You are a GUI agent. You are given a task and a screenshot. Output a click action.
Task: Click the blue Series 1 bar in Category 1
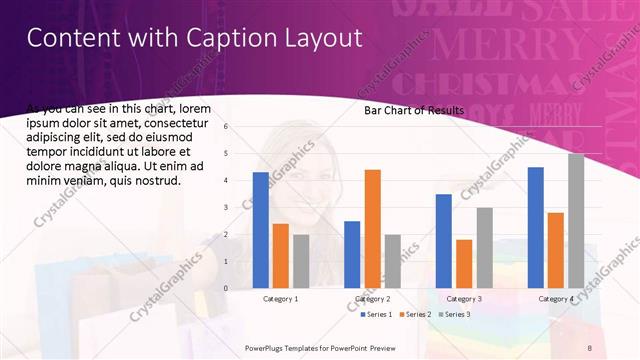261,230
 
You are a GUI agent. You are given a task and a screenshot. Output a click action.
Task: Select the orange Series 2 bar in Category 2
372,229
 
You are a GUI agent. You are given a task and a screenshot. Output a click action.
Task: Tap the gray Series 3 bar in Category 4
576,221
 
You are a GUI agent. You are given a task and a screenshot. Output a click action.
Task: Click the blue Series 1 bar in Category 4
536,227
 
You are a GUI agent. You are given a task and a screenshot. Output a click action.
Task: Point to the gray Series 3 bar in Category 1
301,261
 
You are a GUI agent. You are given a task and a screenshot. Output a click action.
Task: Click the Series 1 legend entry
378,314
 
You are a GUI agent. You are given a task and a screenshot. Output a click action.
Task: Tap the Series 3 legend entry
456,314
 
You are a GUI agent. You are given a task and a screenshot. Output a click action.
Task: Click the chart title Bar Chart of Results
413,110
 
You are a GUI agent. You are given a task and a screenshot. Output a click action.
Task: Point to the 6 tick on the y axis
227,126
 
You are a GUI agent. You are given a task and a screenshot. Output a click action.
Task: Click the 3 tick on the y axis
227,207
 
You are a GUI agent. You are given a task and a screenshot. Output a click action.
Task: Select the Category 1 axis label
280,298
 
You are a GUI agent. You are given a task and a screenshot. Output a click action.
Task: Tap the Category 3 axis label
464,298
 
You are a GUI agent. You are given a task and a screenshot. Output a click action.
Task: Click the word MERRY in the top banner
486,45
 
